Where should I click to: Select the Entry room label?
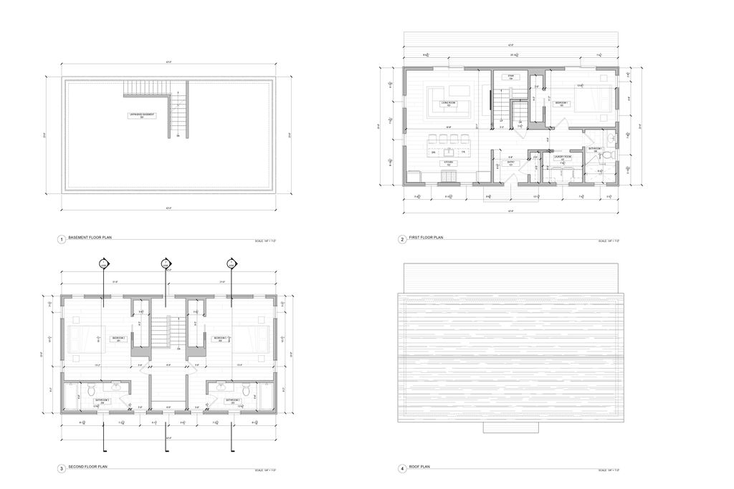(511, 163)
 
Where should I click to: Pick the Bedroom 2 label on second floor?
(118, 339)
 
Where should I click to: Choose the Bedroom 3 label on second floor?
(220, 339)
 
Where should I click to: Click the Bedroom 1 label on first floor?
(562, 104)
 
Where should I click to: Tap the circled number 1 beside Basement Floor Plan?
(62, 239)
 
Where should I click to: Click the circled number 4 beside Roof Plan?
(402, 469)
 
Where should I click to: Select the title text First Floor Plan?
(429, 238)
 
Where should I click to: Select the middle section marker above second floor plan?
(166, 264)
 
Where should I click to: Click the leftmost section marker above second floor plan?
(103, 264)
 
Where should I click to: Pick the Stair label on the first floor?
(512, 77)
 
